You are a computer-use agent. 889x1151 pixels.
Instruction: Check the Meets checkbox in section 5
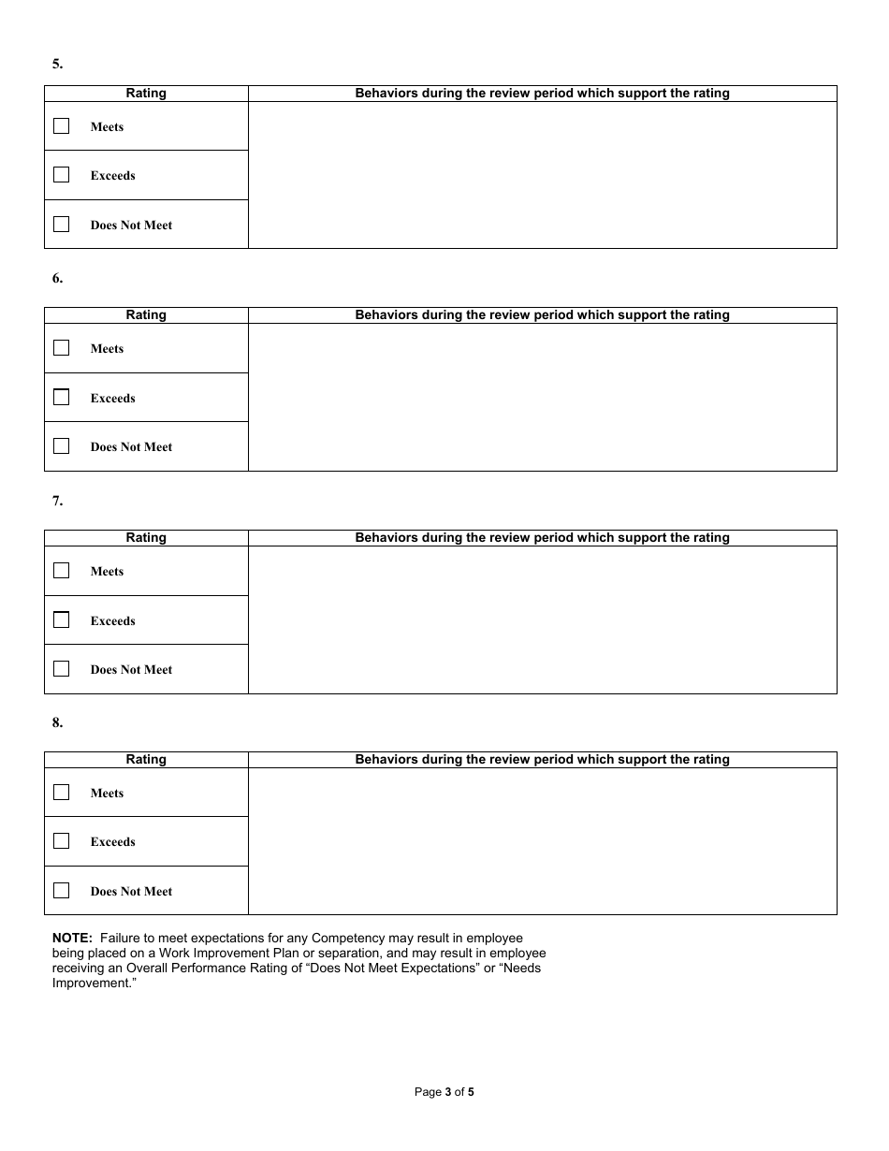[62, 126]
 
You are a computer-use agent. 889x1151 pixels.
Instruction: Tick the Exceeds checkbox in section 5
[62, 175]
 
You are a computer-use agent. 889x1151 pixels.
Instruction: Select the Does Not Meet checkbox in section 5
[62, 225]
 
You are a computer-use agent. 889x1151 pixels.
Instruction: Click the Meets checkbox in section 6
[62, 348]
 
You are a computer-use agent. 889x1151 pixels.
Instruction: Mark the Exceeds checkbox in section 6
[62, 398]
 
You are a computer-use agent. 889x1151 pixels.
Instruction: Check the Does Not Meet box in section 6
[62, 446]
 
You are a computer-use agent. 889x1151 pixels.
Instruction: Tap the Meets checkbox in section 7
[62, 571]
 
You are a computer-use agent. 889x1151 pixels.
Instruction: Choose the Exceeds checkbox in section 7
[62, 620]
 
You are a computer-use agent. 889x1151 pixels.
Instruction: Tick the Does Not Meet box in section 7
[62, 669]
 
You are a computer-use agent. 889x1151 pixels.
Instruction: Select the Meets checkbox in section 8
[62, 793]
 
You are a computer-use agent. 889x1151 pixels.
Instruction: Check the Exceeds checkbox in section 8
[62, 841]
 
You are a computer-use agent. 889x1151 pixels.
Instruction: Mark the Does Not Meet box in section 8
[62, 891]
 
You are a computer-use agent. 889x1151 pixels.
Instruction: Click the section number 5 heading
[57, 64]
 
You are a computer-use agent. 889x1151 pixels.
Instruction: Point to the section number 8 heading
[57, 722]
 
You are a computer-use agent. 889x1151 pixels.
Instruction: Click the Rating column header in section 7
[146, 538]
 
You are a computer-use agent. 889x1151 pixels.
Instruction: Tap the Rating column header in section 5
[146, 94]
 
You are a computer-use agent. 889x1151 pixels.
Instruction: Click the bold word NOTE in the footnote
[72, 938]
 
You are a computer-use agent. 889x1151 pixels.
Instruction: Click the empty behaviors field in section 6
[542, 397]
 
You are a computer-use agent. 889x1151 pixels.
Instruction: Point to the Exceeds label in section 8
[113, 842]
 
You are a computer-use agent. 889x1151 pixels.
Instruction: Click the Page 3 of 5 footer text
[444, 1091]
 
